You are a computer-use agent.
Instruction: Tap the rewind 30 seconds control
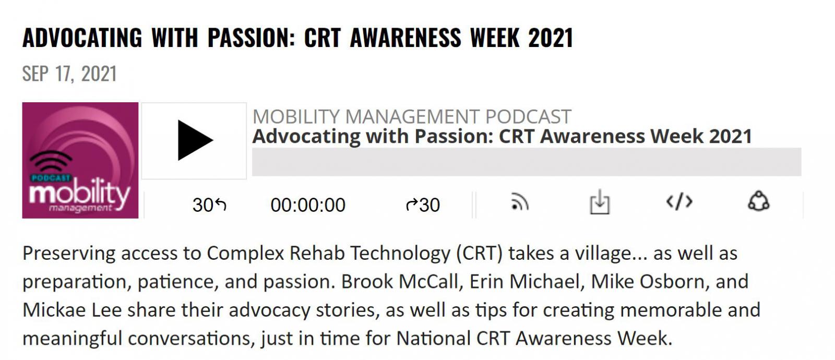pyautogui.click(x=209, y=205)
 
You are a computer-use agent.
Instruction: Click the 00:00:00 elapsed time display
pyautogui.click(x=308, y=205)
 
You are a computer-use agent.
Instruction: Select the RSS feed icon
pyautogui.click(x=520, y=202)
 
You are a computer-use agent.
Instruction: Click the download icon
pyautogui.click(x=600, y=202)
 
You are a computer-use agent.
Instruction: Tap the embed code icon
pyautogui.click(x=679, y=201)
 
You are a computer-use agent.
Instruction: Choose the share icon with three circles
pyautogui.click(x=759, y=201)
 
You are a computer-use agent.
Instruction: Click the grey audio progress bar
pyautogui.click(x=527, y=162)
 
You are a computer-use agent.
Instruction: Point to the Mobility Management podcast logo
pyautogui.click(x=80, y=160)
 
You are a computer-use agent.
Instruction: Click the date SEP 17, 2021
pyautogui.click(x=70, y=74)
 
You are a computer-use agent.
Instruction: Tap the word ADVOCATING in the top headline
pyautogui.click(x=82, y=38)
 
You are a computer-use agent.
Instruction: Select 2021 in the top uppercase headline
pyautogui.click(x=550, y=38)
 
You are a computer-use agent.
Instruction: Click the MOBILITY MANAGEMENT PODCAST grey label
pyautogui.click(x=412, y=117)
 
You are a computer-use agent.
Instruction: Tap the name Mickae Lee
pyautogui.click(x=72, y=310)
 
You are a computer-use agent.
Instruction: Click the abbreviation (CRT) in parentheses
pyautogui.click(x=480, y=254)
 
